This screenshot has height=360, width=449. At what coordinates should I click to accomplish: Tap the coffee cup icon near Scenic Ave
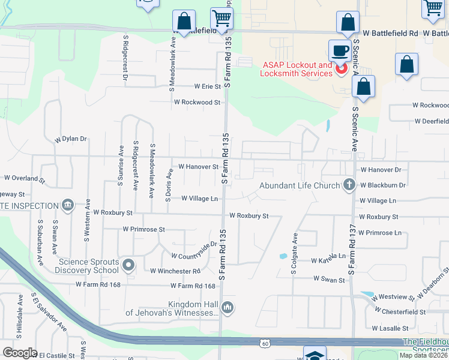click(x=339, y=50)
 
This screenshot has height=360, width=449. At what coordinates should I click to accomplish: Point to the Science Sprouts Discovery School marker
click(x=127, y=265)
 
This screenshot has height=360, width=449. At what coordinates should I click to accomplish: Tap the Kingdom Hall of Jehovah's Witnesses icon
click(x=227, y=308)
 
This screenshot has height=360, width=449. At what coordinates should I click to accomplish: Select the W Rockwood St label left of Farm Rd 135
click(x=197, y=103)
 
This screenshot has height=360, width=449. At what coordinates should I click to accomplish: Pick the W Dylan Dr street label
click(x=71, y=139)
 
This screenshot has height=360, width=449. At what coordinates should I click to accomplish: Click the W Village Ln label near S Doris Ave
click(x=199, y=198)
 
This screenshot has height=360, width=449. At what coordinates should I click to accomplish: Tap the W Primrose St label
click(x=143, y=229)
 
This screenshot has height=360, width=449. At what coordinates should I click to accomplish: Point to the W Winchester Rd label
click(x=175, y=271)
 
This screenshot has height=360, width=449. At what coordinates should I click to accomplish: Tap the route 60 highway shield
click(x=265, y=343)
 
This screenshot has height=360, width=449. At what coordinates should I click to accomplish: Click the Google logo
click(x=20, y=353)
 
